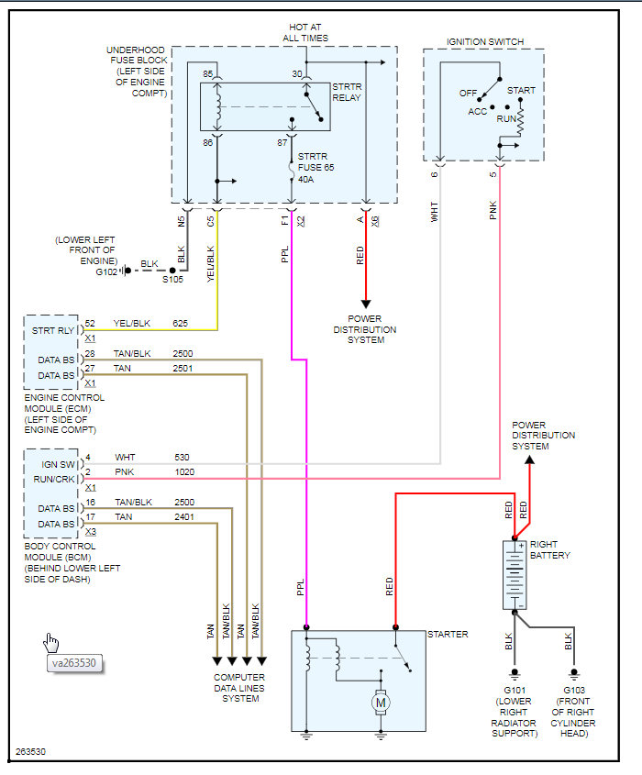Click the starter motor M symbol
point(380,703)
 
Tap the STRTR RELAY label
point(348,93)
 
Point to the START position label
point(521,91)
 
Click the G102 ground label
point(106,271)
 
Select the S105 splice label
point(172,279)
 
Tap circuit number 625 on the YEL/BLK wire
point(181,323)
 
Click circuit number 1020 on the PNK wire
point(183,471)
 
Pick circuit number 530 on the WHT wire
point(182,456)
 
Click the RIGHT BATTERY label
point(550,550)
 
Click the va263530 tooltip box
point(76,663)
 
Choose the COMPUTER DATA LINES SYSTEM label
point(240,688)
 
